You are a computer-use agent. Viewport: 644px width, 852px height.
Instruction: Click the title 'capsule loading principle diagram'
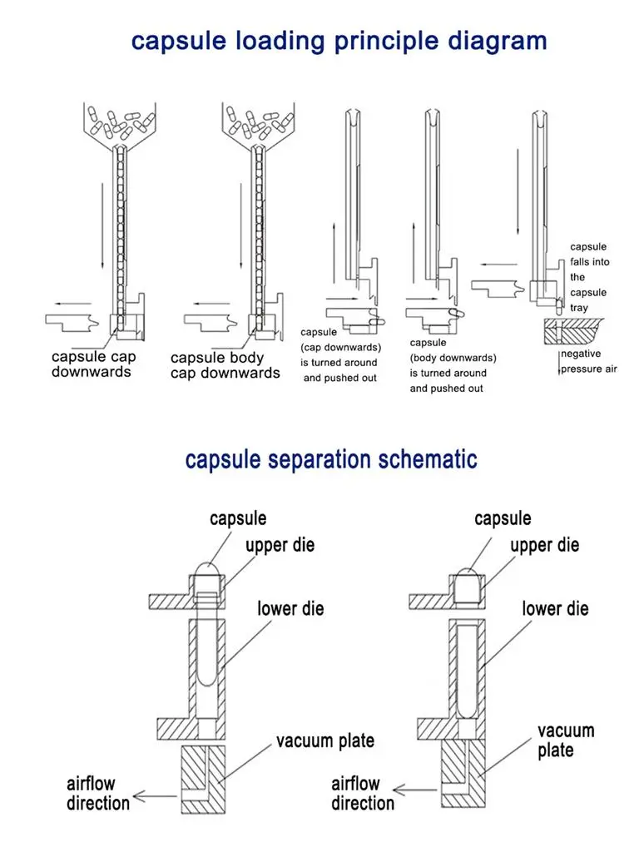point(339,41)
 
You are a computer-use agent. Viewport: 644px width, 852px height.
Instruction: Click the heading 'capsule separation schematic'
point(331,458)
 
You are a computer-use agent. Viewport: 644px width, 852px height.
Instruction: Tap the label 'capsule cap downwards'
point(94,364)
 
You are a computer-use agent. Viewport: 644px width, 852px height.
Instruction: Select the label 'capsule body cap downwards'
point(225,365)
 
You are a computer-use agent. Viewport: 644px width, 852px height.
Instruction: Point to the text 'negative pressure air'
point(588,361)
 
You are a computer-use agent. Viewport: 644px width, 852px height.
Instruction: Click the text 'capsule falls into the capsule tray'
point(588,277)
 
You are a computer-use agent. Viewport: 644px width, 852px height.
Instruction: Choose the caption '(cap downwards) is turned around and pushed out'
point(339,363)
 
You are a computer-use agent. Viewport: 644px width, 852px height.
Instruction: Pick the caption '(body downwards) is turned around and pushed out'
point(453,373)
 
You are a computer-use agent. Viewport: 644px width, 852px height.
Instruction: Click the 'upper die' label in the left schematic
point(280,546)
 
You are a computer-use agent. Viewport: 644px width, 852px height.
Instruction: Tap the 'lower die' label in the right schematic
point(555,609)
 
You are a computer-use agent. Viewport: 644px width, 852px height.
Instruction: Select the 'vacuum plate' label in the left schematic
point(325,741)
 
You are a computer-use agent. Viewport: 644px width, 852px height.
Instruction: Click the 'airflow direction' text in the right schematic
point(363,793)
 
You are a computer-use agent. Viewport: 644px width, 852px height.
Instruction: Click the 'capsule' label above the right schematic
point(503,518)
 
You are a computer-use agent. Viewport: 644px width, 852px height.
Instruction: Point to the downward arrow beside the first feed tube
point(102,225)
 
